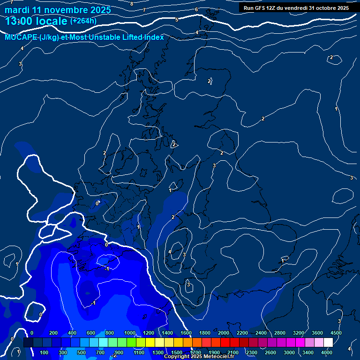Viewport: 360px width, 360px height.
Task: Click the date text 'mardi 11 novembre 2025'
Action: click(x=58, y=10)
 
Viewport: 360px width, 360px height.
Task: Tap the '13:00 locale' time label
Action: click(x=36, y=21)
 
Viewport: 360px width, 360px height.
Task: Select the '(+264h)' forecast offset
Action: click(x=83, y=21)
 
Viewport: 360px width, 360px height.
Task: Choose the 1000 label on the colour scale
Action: click(x=130, y=333)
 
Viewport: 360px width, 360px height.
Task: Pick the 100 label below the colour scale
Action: click(x=45, y=352)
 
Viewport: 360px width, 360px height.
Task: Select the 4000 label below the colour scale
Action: click(x=327, y=352)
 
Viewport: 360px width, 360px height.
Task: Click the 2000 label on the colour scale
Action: click(x=224, y=333)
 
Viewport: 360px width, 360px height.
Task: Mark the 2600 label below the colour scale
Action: click(x=270, y=352)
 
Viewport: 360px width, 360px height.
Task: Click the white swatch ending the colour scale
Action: click(x=328, y=343)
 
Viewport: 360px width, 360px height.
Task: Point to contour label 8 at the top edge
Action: click(x=132, y=4)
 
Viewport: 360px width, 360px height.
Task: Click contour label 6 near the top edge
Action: click(x=196, y=10)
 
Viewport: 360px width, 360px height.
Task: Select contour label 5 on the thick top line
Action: click(x=177, y=20)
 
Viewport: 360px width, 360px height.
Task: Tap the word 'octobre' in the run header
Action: click(x=326, y=8)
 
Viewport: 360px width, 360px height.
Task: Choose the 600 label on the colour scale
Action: click(x=91, y=333)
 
